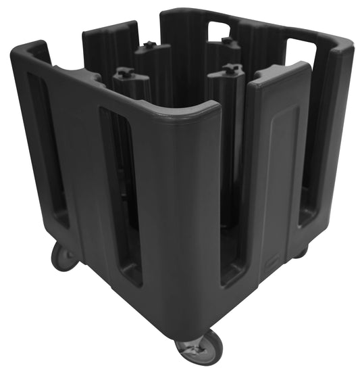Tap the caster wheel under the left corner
point(63,256)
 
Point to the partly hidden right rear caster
point(299,252)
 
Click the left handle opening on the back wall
point(218,30)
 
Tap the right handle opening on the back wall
point(302,51)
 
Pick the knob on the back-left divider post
point(149,45)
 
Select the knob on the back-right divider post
point(228,42)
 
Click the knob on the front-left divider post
point(124,71)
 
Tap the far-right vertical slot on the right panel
point(310,156)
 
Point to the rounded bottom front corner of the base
point(196,318)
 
